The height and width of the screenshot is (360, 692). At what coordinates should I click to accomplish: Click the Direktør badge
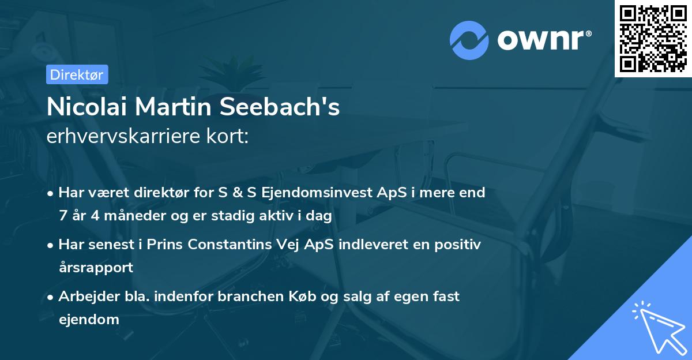77,74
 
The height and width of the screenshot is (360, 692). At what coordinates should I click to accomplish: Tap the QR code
653,38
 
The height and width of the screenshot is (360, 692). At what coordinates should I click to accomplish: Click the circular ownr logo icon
469,40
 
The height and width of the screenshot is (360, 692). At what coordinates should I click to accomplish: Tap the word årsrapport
96,267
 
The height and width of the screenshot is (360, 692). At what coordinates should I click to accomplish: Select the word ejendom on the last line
89,319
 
